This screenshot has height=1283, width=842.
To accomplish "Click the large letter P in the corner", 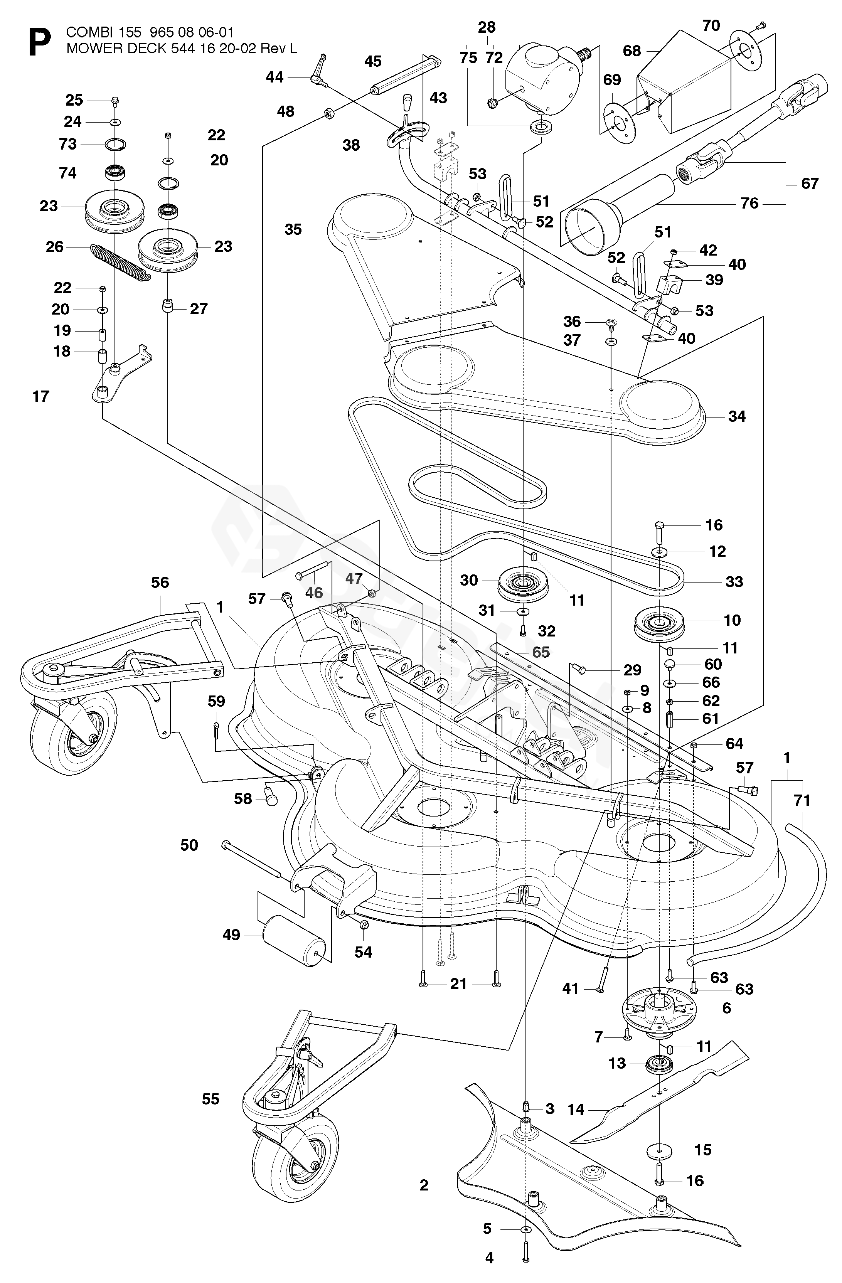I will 39,42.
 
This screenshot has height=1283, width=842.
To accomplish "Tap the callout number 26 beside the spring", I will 54,247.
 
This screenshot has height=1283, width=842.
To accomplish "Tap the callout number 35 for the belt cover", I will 293,230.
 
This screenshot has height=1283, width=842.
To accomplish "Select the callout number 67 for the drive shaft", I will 810,184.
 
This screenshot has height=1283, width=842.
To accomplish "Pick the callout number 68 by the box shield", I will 632,51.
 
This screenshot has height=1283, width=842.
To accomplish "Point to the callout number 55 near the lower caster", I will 211,1099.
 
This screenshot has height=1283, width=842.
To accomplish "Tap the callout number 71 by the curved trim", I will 802,801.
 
